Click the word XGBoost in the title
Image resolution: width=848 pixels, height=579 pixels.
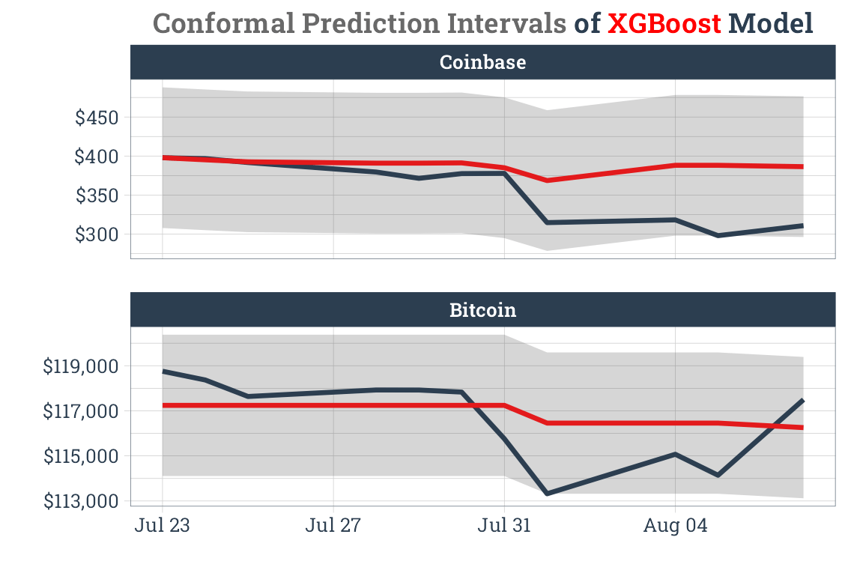(x=664, y=24)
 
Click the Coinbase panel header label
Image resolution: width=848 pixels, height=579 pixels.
(x=482, y=62)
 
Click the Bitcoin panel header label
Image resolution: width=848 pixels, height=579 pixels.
(x=482, y=309)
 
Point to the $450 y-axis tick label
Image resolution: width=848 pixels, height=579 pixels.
(x=97, y=118)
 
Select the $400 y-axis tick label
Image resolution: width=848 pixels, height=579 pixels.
(x=97, y=157)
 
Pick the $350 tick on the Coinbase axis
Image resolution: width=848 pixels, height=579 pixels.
(x=97, y=195)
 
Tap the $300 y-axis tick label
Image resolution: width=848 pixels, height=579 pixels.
(x=97, y=234)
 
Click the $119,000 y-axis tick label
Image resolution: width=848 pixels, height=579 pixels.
(x=81, y=366)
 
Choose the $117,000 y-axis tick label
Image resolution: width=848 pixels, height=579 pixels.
(x=81, y=411)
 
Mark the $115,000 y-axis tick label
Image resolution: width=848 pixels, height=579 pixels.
(x=81, y=456)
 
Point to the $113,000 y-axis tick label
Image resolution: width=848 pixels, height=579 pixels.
(x=81, y=500)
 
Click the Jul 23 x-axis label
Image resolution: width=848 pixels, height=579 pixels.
(x=162, y=526)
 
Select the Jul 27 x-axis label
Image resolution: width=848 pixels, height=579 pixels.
(x=333, y=526)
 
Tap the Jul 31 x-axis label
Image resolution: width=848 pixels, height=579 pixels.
(x=503, y=526)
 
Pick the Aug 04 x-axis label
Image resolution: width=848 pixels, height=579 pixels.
(x=675, y=526)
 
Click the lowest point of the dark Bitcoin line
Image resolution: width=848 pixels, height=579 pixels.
(x=547, y=494)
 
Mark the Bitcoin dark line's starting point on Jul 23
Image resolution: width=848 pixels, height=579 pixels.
(x=163, y=371)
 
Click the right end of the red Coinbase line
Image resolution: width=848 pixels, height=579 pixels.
(x=802, y=166)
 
